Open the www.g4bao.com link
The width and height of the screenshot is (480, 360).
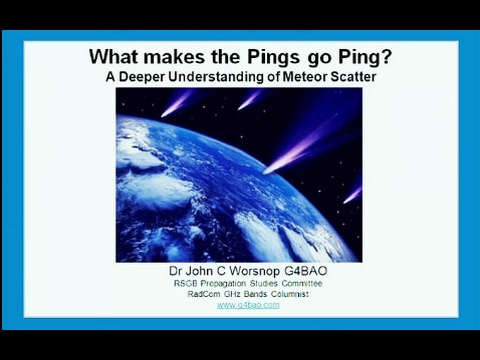248,305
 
